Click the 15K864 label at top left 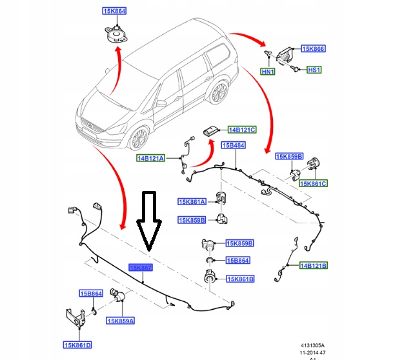tap(115, 11)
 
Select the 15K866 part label tap(314, 48)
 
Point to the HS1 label tap(314, 70)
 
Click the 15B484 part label tap(233, 145)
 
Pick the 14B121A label tap(150, 158)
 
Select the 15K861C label tap(314, 184)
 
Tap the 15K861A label tap(192, 202)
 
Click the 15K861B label tap(240, 279)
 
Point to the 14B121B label tap(314, 265)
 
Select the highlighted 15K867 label tap(140, 267)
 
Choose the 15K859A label tap(121, 321)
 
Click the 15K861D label tap(77, 344)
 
